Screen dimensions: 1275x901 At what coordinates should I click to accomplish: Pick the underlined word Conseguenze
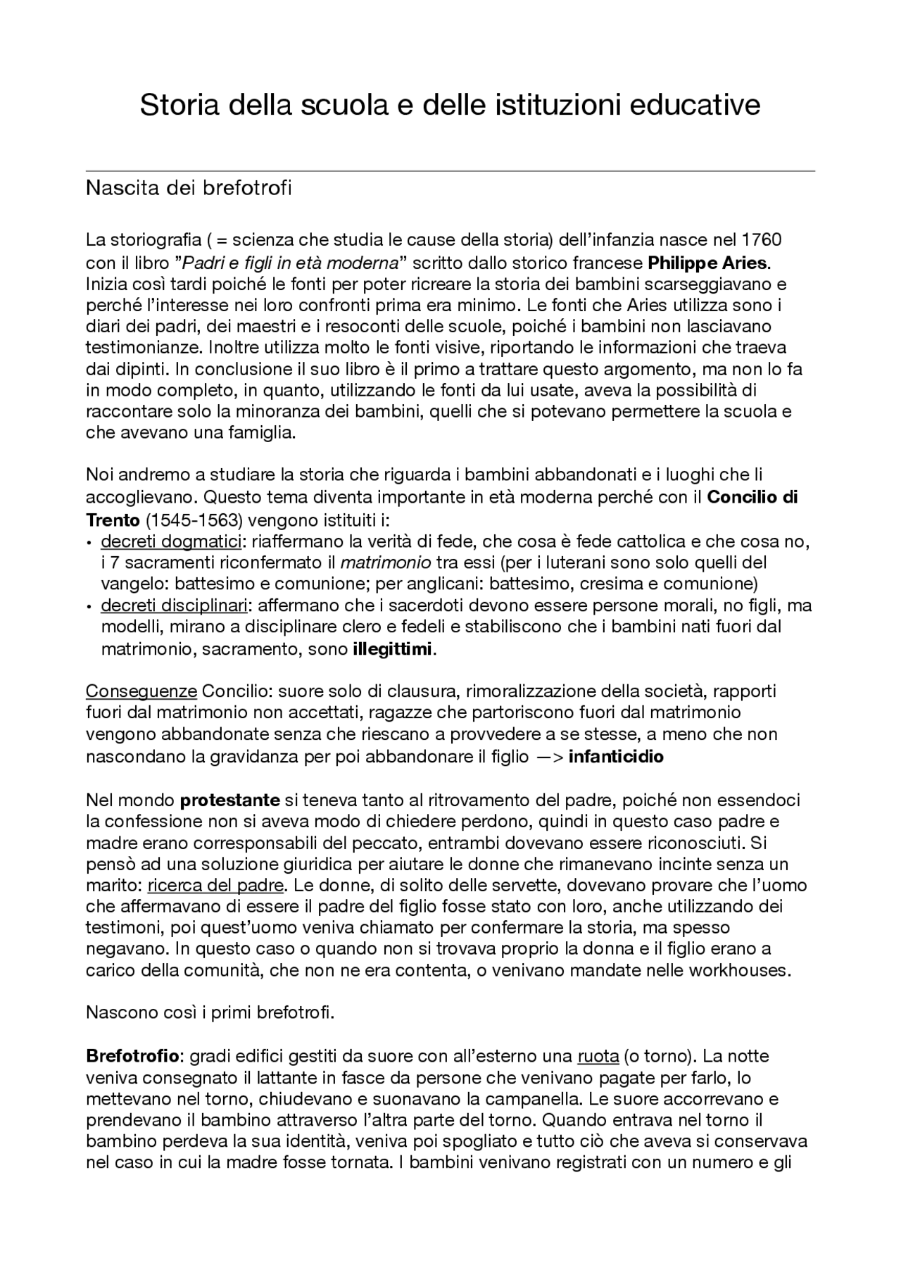point(141,691)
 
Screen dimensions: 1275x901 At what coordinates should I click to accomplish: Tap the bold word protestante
point(230,800)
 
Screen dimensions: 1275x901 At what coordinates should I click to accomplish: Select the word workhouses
point(738,970)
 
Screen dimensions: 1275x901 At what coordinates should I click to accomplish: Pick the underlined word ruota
point(598,1056)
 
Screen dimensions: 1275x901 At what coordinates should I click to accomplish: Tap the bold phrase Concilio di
point(752,498)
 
